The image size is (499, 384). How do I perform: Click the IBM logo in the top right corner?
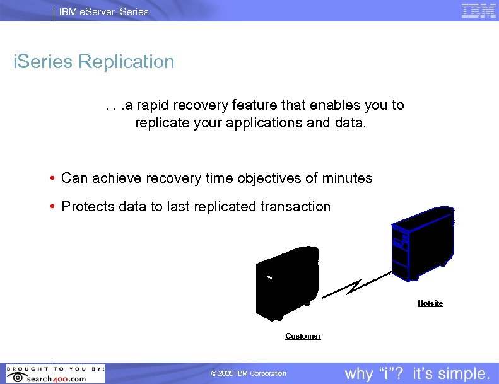point(478,11)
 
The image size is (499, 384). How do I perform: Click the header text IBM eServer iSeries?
point(104,11)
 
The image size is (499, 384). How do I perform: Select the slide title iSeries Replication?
point(94,62)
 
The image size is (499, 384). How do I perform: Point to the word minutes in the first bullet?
point(346,178)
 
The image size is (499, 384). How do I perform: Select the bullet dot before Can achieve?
point(53,179)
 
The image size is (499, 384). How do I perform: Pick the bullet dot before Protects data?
point(53,207)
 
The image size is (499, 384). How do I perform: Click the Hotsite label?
point(430,303)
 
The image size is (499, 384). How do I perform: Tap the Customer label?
point(303,336)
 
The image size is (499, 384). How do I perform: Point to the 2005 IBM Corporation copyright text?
point(249,374)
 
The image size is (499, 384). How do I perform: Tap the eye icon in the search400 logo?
point(18,378)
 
